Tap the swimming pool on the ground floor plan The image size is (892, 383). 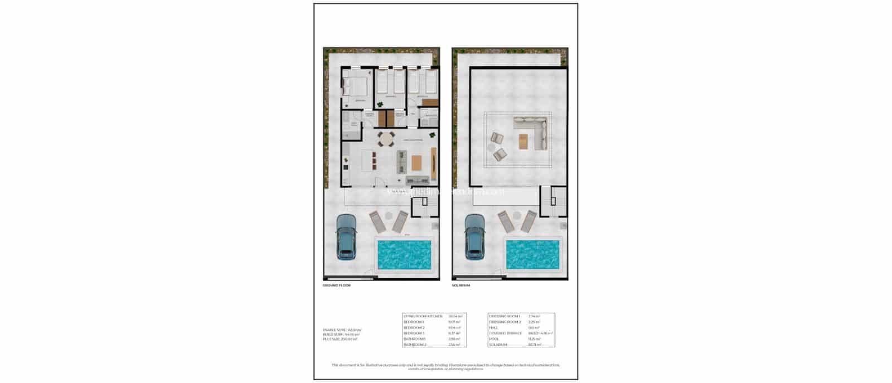tap(403, 254)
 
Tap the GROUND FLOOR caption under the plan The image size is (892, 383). tap(337, 285)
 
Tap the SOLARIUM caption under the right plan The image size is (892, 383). tap(461, 285)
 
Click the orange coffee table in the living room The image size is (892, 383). tap(418, 163)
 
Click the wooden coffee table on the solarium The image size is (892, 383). tap(523, 142)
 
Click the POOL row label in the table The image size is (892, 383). tap(495, 338)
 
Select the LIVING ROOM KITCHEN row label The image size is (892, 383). tap(423, 316)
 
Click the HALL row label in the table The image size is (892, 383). tap(494, 327)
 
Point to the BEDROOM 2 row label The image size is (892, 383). tap(414, 327)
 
